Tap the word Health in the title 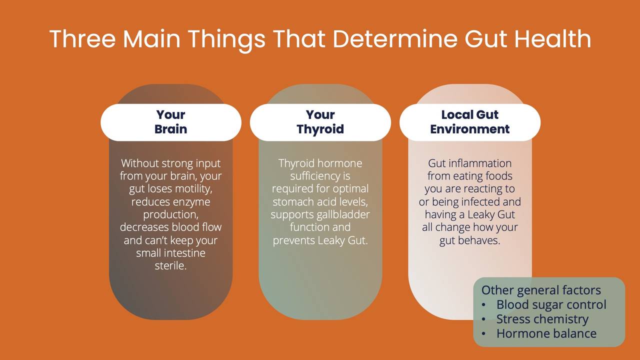[x=552, y=39]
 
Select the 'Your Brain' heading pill [x=170, y=122]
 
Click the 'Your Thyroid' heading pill [x=320, y=122]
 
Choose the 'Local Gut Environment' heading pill [x=469, y=122]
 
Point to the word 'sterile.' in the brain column [x=170, y=266]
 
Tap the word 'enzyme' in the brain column [x=191, y=202]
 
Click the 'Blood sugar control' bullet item [x=551, y=305]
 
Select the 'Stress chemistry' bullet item [x=542, y=319]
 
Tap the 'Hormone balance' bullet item [x=546, y=333]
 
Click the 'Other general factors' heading [x=541, y=290]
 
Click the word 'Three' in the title [x=82, y=39]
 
